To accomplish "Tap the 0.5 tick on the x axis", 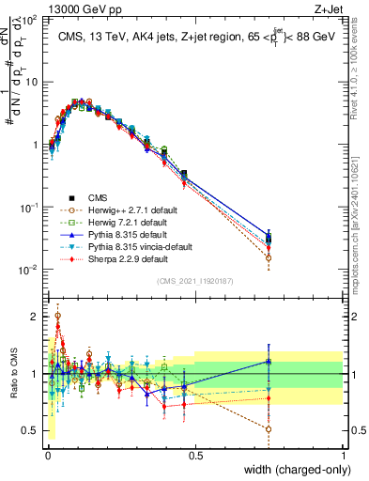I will (195, 456).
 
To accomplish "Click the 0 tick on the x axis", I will (47, 456).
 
